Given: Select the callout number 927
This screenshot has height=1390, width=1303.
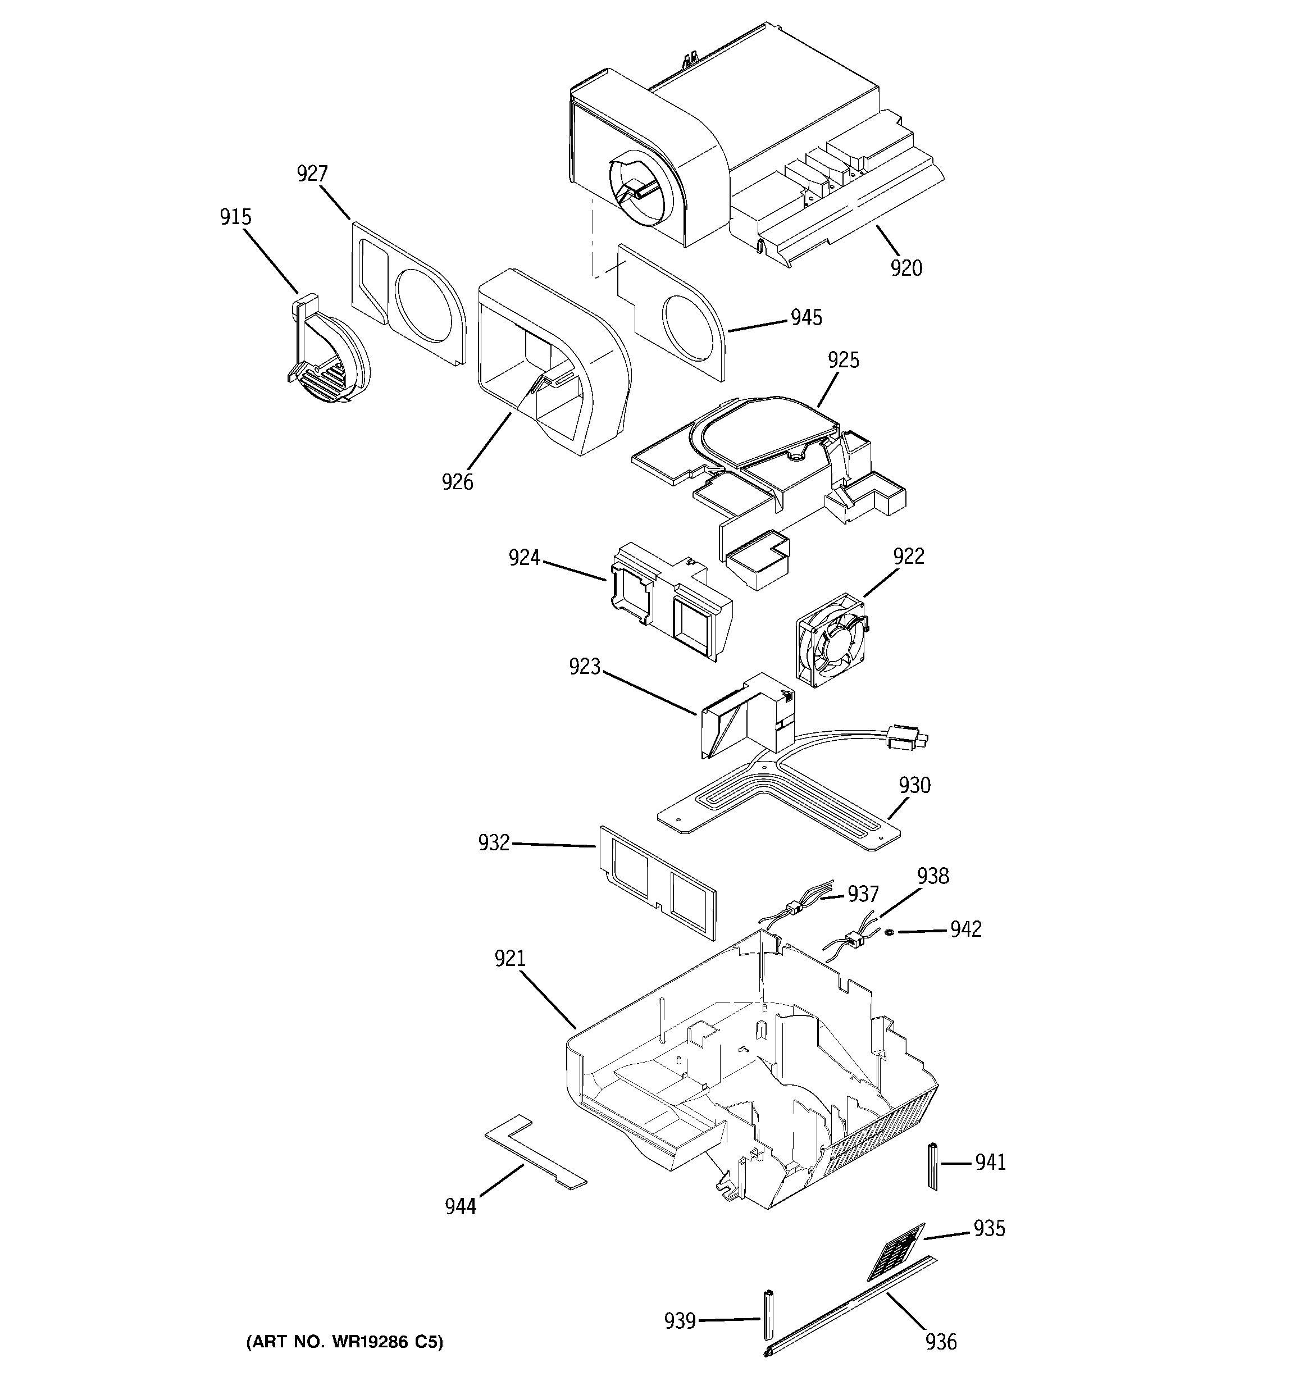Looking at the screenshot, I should [x=312, y=174].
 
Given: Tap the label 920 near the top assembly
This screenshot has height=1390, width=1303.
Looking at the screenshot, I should [x=906, y=268].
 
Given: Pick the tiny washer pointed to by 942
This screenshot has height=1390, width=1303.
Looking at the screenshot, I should [x=889, y=932].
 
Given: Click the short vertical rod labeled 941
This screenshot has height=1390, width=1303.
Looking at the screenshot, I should [x=932, y=1165].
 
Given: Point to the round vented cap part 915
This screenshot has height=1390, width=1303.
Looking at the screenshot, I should [x=329, y=360].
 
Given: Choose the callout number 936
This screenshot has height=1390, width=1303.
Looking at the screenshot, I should [x=941, y=1342].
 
